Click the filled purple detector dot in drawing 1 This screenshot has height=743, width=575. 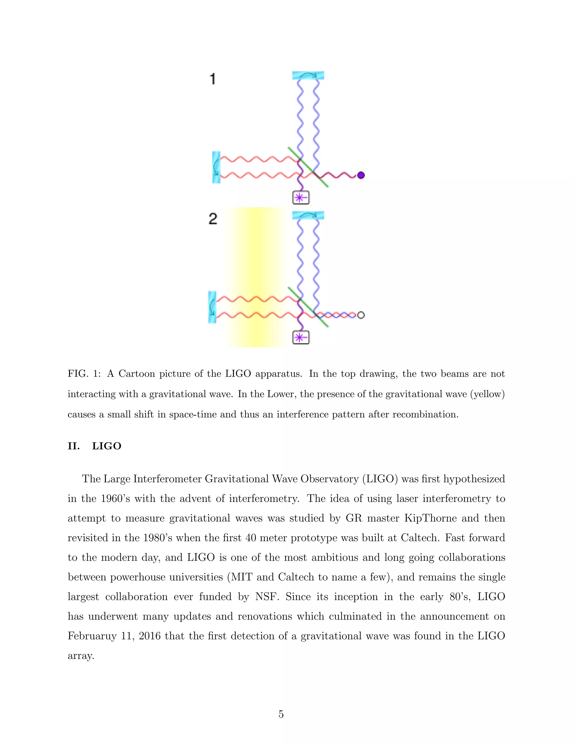361,175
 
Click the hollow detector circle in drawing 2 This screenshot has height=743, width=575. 361,315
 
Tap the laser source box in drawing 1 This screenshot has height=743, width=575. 301,197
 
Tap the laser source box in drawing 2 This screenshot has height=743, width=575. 301,338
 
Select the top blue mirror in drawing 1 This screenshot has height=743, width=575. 308,75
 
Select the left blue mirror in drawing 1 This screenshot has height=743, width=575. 216,167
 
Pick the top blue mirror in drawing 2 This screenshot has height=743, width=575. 308,215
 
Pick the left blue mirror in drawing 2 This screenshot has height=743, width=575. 212,307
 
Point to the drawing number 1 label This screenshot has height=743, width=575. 213,79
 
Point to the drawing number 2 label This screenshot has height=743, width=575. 213,218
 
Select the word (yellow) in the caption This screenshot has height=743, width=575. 487,394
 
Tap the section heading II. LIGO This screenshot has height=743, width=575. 94,446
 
